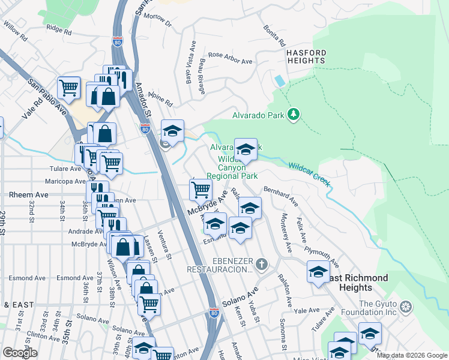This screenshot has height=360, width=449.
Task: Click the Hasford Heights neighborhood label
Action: [306, 56]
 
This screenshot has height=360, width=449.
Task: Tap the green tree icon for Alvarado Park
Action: [294, 114]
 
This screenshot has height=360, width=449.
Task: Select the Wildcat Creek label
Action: [310, 174]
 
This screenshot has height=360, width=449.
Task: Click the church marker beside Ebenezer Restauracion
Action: [261, 264]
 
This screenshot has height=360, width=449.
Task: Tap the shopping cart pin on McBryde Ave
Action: [200, 190]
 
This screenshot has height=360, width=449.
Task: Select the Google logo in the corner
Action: [20, 353]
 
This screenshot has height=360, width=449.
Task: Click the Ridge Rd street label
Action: [59, 29]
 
